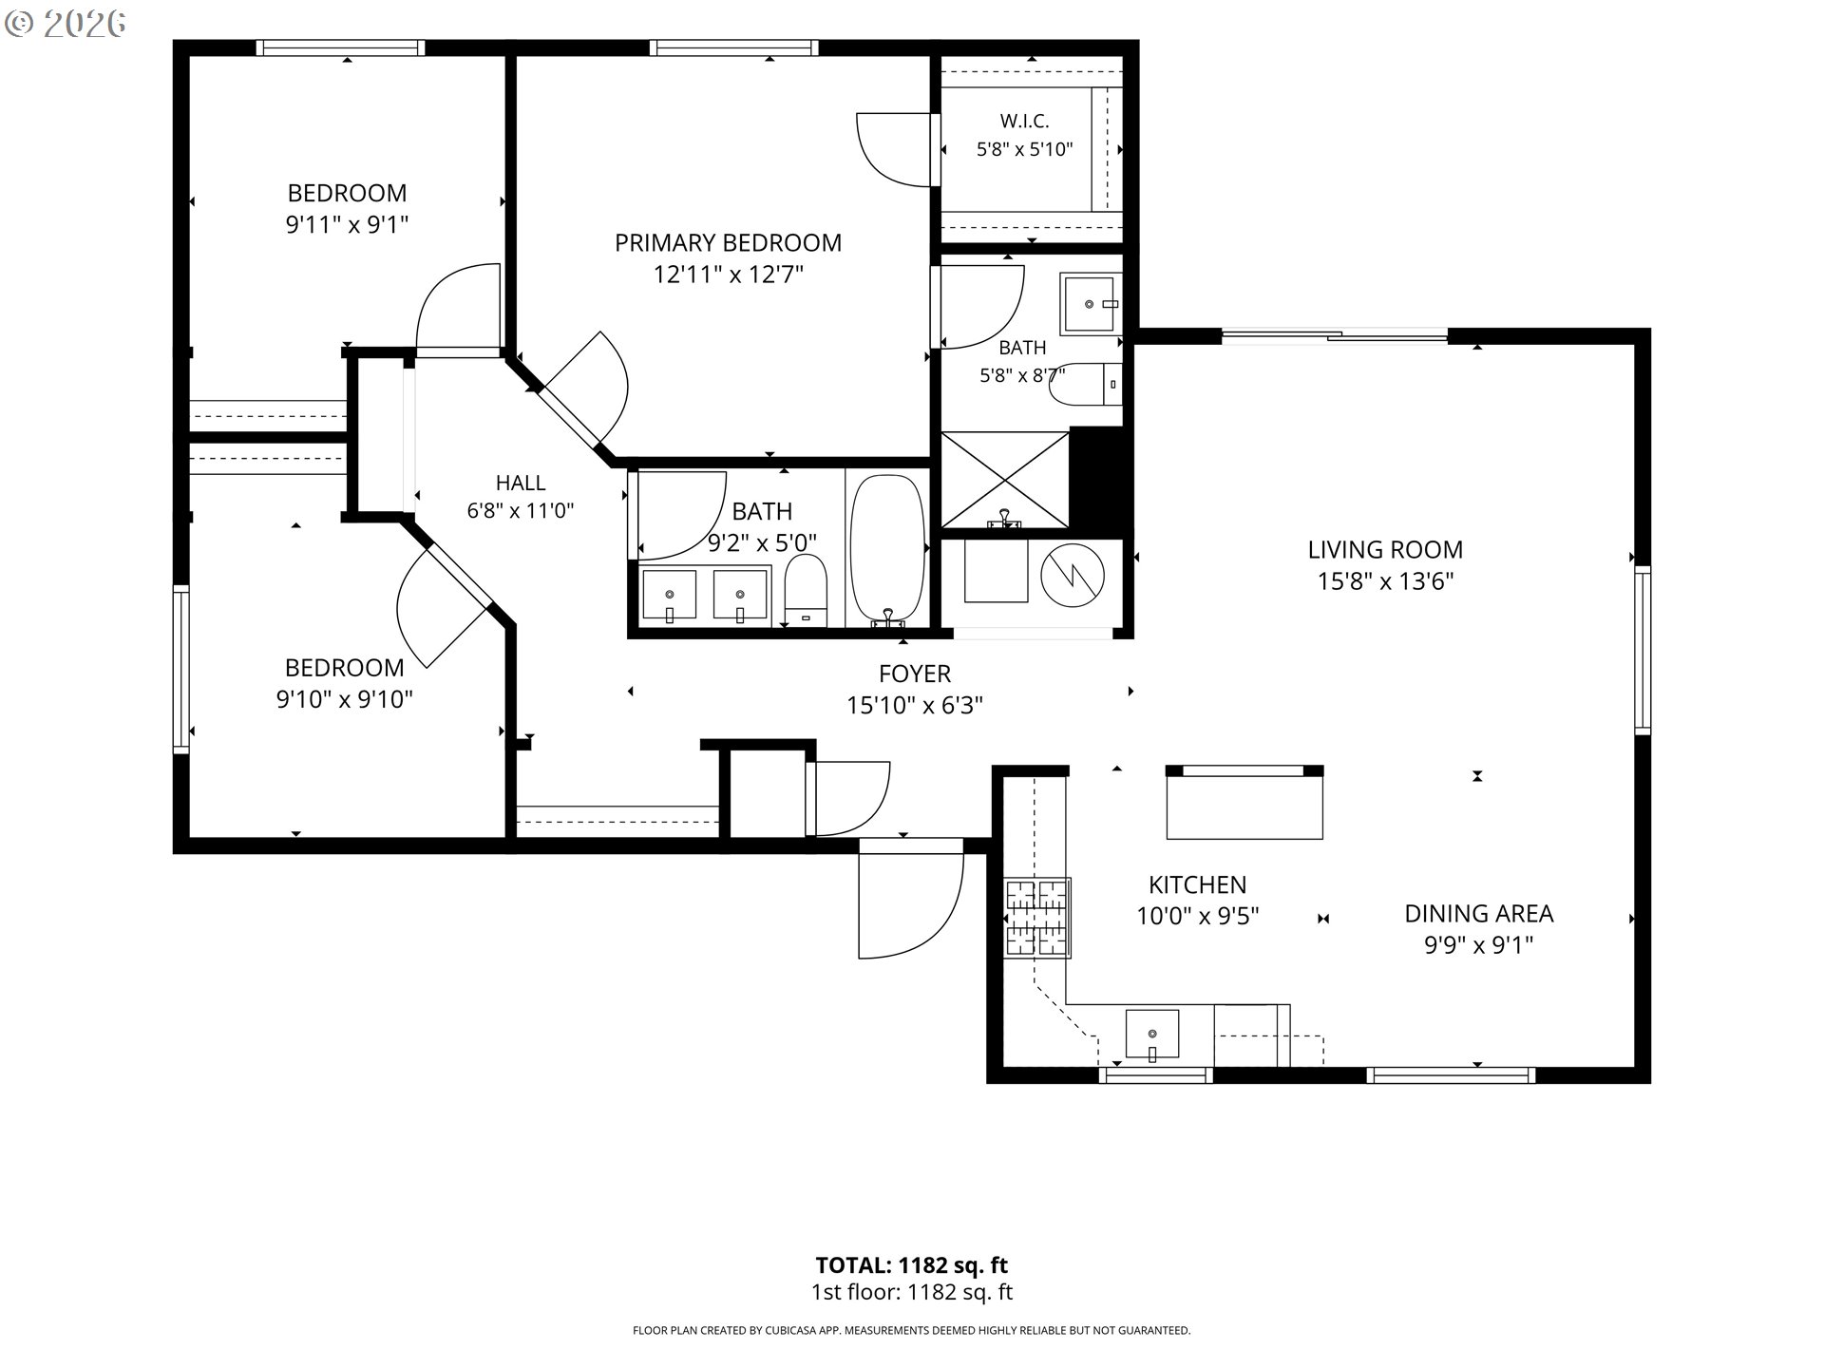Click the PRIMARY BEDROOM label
coord(728,243)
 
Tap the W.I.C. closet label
coord(1024,122)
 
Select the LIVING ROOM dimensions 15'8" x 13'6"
coord(1385,581)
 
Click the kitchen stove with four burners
coord(1037,918)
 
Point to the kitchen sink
coord(1151,1035)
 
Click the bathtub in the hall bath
coord(887,551)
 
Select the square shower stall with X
coord(1005,480)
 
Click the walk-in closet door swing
coord(893,150)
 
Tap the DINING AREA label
coord(1479,914)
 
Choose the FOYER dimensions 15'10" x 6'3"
coord(915,706)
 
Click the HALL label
coord(521,483)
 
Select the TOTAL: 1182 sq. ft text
coord(912,1265)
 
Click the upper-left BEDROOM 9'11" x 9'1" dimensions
coord(348,225)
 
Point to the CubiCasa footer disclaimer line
coord(912,1331)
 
